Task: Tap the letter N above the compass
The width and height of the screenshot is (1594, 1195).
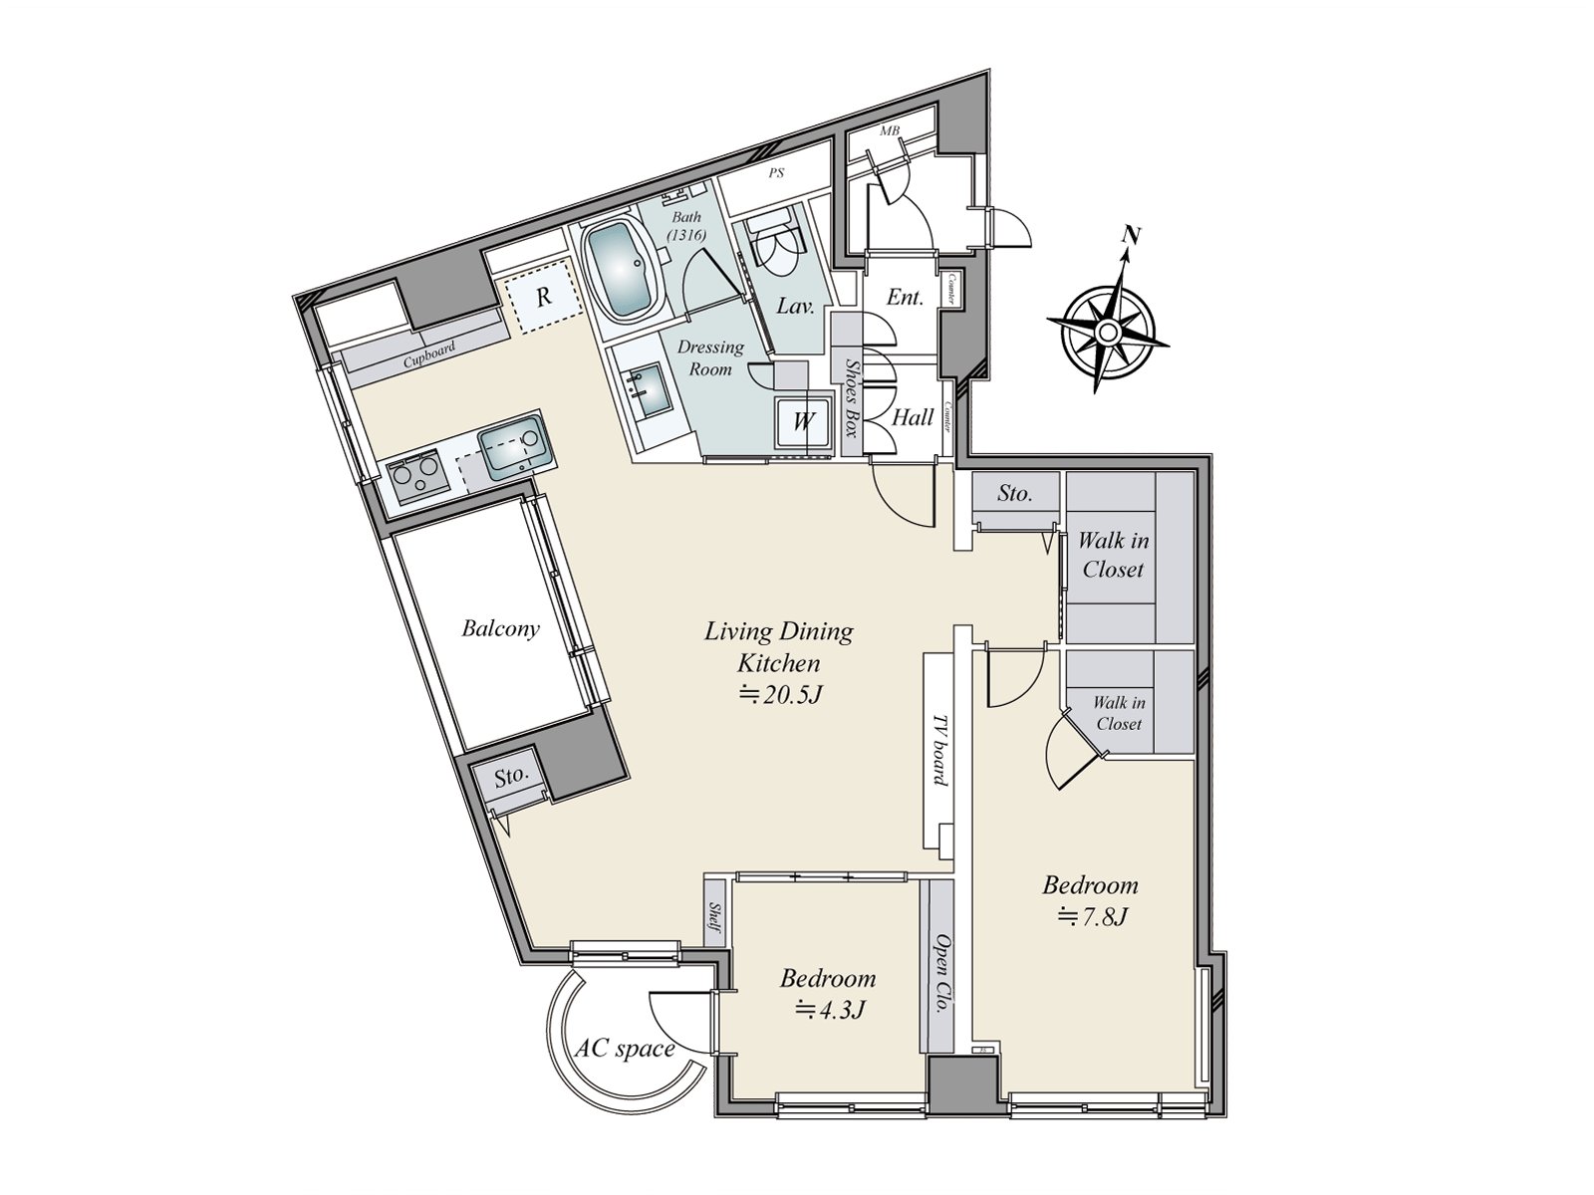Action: (1130, 236)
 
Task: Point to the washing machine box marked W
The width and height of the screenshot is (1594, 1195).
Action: (802, 421)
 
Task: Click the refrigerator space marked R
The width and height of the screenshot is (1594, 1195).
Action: (543, 297)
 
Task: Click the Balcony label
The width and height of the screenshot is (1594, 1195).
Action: (500, 629)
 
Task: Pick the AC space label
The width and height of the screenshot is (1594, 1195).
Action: (625, 1049)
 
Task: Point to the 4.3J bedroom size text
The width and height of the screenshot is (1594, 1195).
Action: (828, 1010)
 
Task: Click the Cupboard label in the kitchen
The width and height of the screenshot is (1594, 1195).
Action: (429, 355)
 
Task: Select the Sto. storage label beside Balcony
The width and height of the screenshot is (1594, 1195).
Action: (511, 776)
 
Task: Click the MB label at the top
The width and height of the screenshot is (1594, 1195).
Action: (889, 130)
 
